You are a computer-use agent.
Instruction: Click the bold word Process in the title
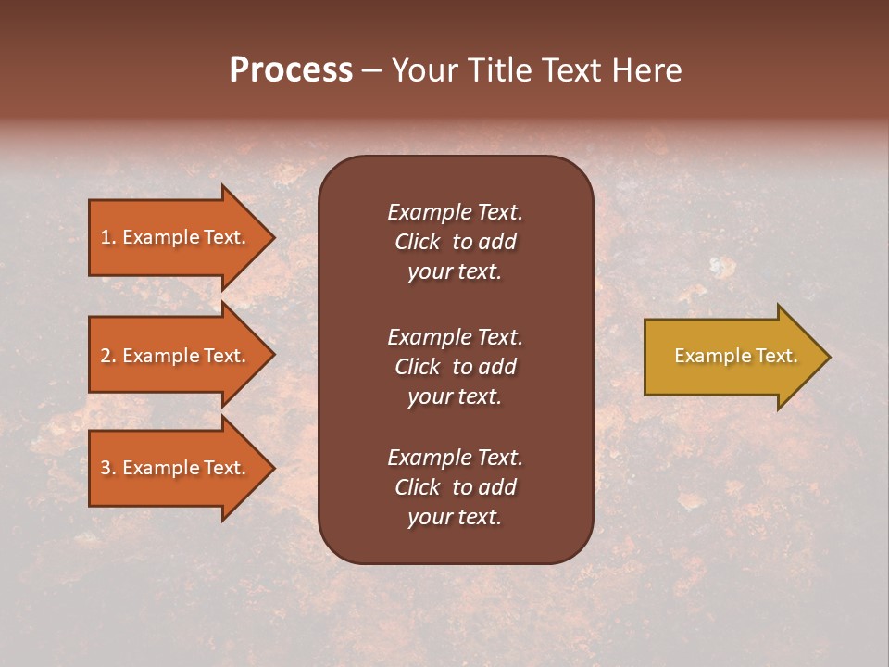(291, 70)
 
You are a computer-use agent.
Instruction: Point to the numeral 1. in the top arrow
(108, 237)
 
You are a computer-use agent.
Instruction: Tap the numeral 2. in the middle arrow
(108, 356)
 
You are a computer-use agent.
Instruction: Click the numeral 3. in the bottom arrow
(108, 468)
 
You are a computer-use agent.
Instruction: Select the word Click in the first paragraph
(418, 242)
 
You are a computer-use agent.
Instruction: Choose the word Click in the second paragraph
(418, 367)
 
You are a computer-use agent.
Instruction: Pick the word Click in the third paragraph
(418, 487)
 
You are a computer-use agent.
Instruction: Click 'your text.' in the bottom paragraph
(455, 517)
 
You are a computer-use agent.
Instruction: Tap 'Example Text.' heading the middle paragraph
(455, 337)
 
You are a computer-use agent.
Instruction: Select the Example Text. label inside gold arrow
(735, 356)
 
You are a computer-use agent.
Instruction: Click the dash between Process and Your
(371, 71)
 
